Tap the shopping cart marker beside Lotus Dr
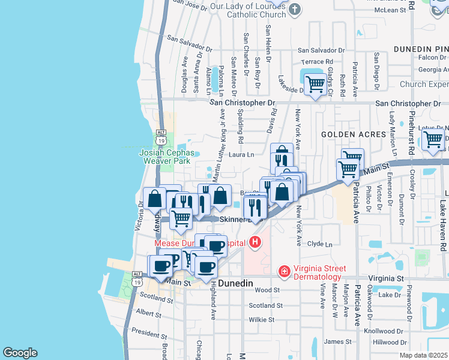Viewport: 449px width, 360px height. tap(433, 139)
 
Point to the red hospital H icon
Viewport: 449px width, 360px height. tap(255, 243)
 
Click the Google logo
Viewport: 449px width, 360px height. tap(20, 353)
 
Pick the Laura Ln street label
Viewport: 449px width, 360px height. tap(242, 155)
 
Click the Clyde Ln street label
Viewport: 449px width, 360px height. tap(319, 244)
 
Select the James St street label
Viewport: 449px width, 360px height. tap(333, 341)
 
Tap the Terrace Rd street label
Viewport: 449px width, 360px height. tap(317, 62)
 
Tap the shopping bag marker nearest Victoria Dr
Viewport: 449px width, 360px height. tap(155, 199)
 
